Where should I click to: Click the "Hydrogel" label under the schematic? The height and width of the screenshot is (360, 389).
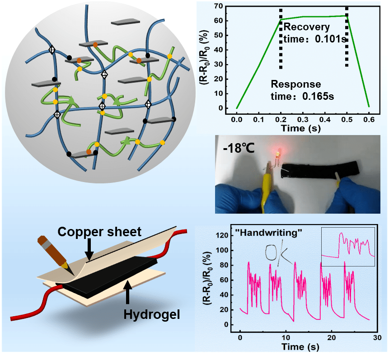point(151,313)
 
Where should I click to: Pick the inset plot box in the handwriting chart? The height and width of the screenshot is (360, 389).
point(348,246)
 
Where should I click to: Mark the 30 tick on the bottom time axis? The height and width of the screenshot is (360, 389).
point(375,337)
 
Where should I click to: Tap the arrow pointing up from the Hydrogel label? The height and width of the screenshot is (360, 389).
point(129,292)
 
